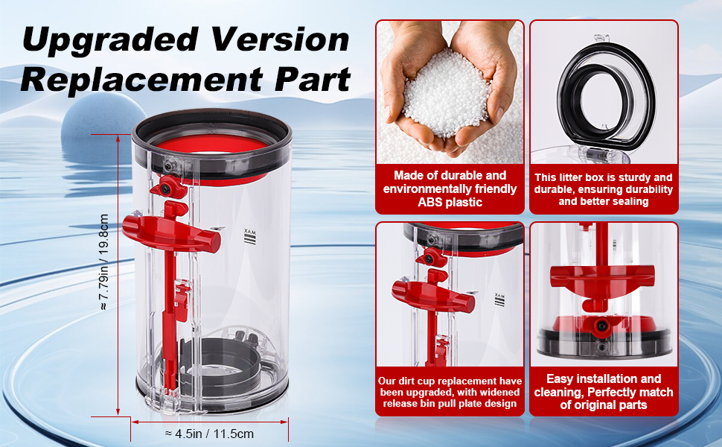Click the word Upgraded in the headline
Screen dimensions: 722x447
coord(110,40)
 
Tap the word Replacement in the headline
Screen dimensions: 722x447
coord(141,79)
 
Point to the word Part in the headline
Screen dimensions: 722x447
coord(313,79)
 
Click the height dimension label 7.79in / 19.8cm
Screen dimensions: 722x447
coord(104,261)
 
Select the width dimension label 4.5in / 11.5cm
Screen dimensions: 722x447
coord(209,434)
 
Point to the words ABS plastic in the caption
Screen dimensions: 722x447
coord(450,203)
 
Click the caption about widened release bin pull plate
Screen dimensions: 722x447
coord(450,392)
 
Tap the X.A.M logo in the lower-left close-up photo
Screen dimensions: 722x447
coord(499,300)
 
